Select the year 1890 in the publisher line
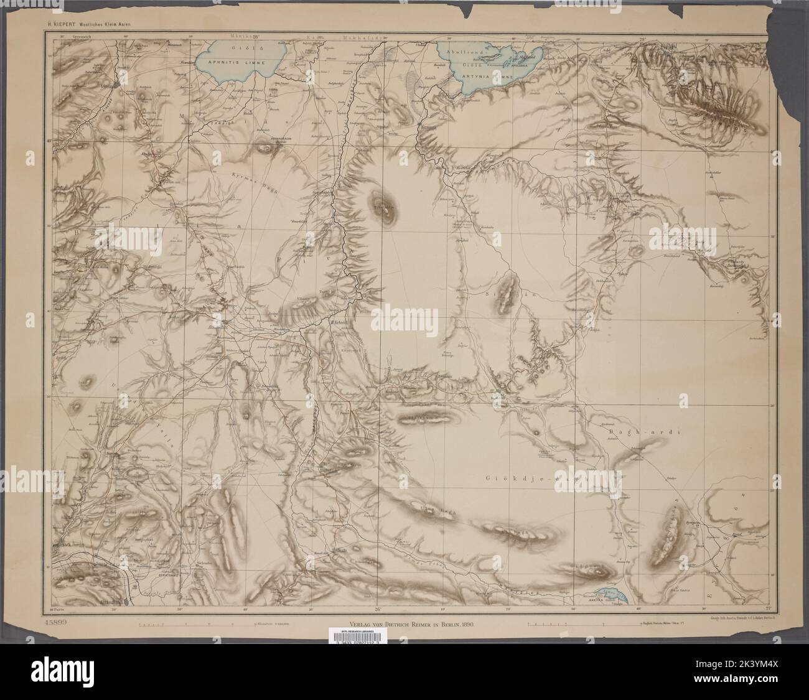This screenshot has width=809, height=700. [465, 623]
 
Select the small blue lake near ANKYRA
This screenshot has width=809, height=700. [610, 596]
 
